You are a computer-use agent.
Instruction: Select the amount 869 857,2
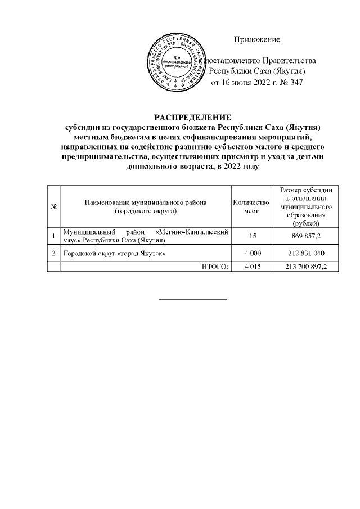(307, 236)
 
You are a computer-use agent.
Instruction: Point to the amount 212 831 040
(307, 254)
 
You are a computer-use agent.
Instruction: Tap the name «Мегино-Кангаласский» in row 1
(191, 232)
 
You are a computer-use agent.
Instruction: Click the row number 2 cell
(53, 254)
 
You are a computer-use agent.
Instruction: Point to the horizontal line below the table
(193, 299)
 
